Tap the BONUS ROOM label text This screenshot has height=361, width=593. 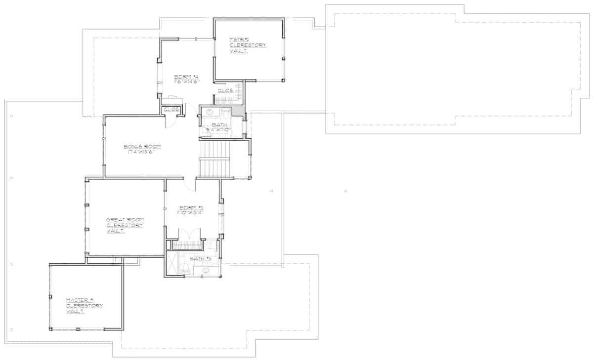[x=142, y=147]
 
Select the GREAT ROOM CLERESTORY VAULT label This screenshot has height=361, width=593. [x=125, y=225]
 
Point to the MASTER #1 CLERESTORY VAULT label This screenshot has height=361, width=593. [x=85, y=306]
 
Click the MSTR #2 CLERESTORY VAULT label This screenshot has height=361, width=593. [x=248, y=45]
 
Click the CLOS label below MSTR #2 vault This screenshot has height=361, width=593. [x=225, y=90]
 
